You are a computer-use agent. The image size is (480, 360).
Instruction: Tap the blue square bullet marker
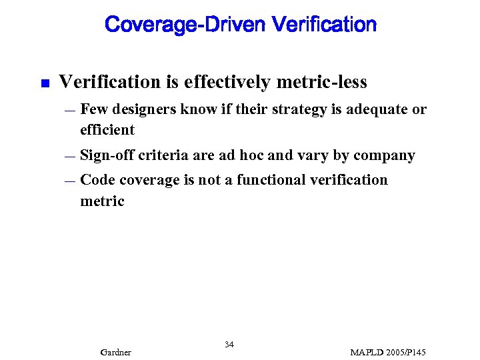(44, 84)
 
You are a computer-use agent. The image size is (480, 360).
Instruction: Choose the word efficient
(107, 129)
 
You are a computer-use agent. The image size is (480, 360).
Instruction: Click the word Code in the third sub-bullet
(97, 180)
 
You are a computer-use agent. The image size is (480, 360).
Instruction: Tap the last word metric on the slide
(102, 201)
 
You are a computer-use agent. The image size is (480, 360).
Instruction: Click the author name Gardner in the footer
(115, 352)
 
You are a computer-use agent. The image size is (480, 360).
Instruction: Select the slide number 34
(229, 345)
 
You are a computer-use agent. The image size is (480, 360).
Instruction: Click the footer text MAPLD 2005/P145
(388, 352)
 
